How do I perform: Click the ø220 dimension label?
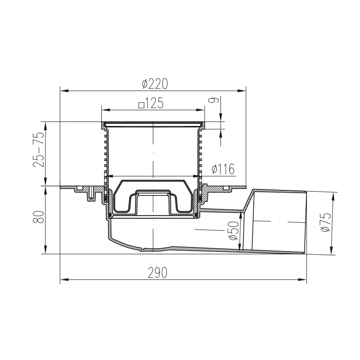(x=155, y=84)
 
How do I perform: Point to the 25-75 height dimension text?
(x=39, y=149)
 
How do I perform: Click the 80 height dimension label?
(x=39, y=217)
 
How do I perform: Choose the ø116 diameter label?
(x=223, y=169)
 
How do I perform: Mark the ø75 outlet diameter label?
(x=326, y=222)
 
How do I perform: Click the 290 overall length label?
(x=157, y=273)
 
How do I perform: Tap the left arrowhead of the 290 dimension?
(x=64, y=279)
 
